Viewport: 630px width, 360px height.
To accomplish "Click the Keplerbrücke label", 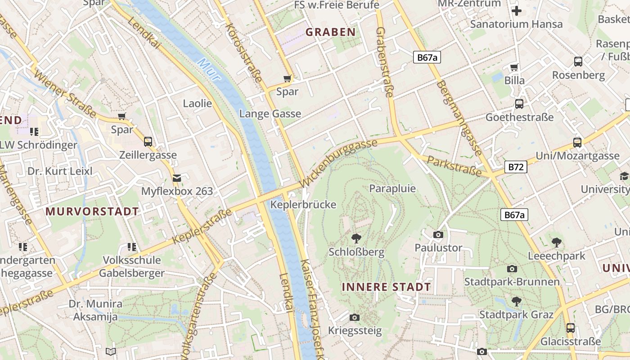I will (x=303, y=205).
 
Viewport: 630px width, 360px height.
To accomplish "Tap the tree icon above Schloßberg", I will (x=356, y=238).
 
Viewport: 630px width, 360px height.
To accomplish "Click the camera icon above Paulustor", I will (x=438, y=234).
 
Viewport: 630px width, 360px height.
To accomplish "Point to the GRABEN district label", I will (x=331, y=32).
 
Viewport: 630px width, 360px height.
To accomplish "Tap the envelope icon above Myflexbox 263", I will (x=177, y=178).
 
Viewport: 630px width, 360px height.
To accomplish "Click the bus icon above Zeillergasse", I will (x=148, y=142).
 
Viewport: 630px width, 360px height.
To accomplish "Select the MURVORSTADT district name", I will (x=92, y=211).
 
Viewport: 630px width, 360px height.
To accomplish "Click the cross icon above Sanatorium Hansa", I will (x=517, y=11).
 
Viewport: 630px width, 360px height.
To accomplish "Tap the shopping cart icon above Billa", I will (x=514, y=67).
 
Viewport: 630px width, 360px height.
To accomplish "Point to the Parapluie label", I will (x=392, y=189).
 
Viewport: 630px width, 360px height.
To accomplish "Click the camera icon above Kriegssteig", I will (x=355, y=317).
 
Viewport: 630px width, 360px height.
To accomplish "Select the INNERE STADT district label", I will (x=386, y=287).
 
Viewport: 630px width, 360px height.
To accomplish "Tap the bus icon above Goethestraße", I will (x=519, y=104).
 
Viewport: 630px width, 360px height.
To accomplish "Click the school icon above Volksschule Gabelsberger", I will (x=131, y=247).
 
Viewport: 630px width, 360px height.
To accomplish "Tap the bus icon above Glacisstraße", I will (x=571, y=328).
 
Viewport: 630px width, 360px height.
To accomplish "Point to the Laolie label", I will (x=197, y=103).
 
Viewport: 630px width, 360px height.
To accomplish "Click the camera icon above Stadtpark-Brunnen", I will (x=512, y=269).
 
